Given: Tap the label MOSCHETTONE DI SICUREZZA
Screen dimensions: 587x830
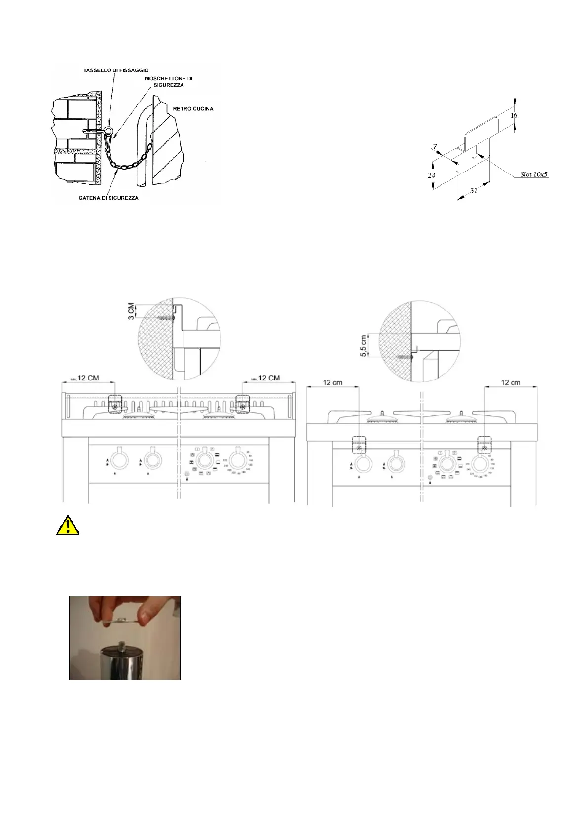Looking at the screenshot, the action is click(x=168, y=82).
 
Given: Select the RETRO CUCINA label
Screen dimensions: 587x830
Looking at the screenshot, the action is click(x=193, y=108).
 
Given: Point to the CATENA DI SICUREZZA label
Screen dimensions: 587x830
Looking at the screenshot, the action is click(x=109, y=198).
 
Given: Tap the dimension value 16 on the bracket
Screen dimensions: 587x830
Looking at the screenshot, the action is click(x=514, y=115).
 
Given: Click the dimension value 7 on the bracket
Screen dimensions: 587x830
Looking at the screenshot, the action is click(x=434, y=146).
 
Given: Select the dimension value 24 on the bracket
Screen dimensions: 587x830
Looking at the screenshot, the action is click(x=432, y=175).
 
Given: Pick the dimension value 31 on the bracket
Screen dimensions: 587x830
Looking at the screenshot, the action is click(x=473, y=190).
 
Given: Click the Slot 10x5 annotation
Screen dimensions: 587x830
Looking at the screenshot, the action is click(x=534, y=174).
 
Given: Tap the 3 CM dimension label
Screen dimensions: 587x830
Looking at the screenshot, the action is click(x=131, y=311).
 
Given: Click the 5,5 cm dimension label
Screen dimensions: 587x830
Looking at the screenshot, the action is click(x=364, y=346).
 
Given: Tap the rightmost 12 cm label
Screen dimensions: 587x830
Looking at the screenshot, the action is click(x=511, y=382).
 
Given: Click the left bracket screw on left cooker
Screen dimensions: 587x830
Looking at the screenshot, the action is click(x=115, y=406).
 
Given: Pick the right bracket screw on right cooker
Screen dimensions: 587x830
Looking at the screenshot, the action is click(x=485, y=448).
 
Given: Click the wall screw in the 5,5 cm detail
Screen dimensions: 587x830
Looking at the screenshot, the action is click(x=404, y=356).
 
